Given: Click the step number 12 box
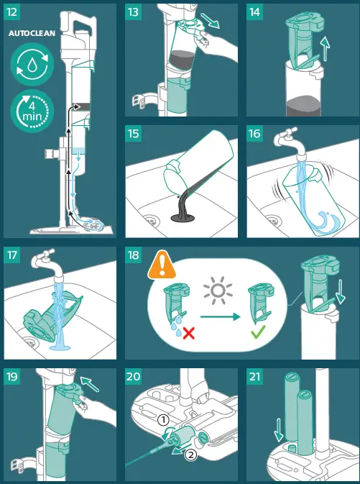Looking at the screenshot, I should pyautogui.click(x=14, y=13).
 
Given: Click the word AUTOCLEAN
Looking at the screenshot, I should pyautogui.click(x=30, y=34).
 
